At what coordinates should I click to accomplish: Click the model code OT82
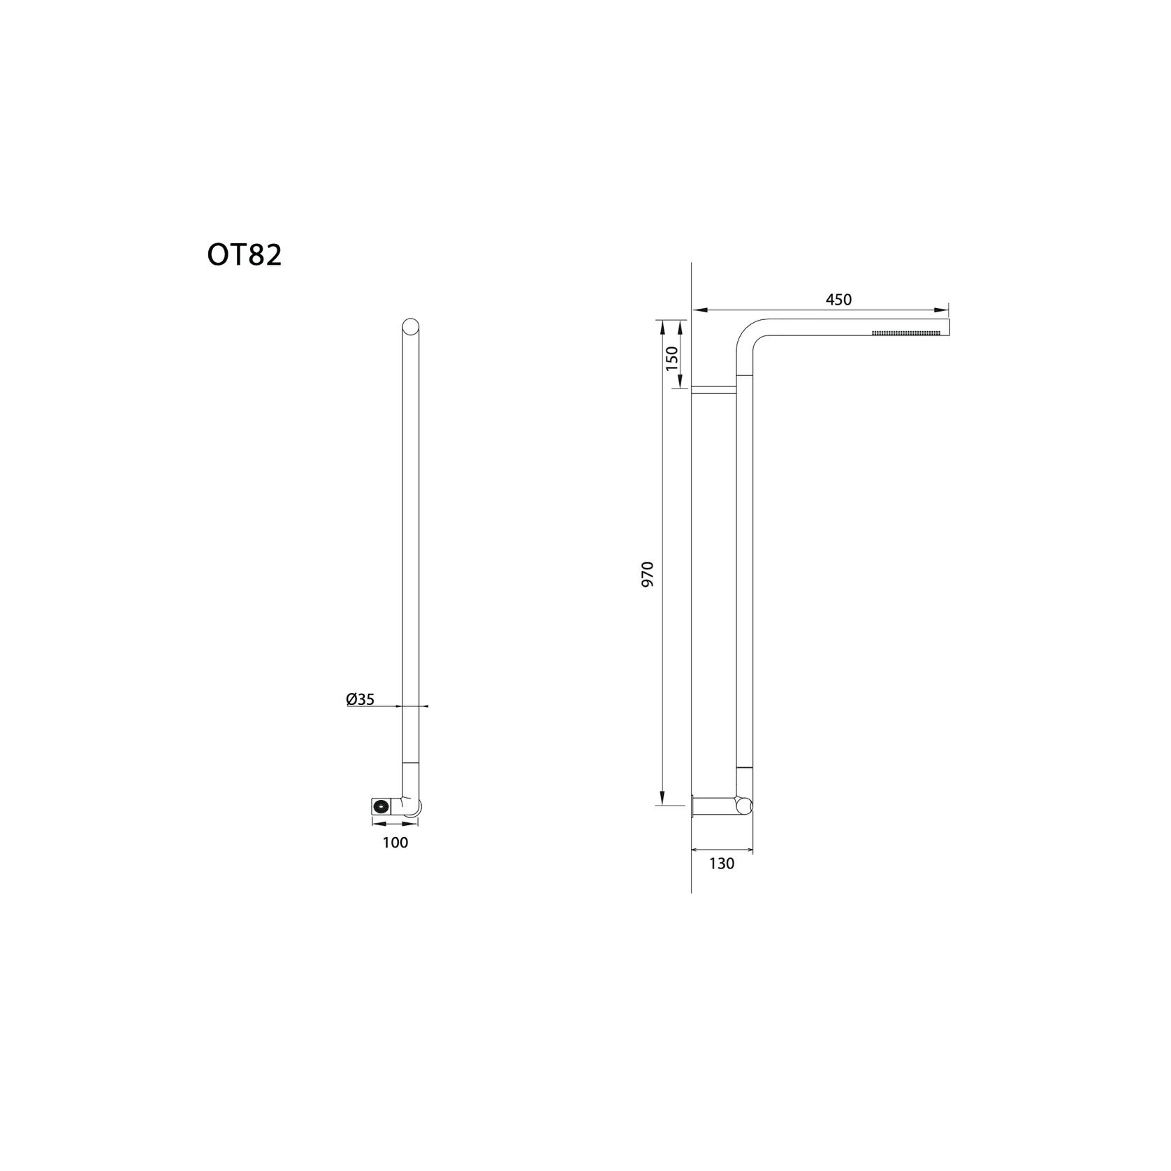[245, 256]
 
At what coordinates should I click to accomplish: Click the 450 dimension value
[838, 300]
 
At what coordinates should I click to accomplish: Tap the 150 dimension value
[672, 357]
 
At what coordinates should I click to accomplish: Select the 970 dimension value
[648, 573]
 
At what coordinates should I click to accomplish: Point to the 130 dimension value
[722, 864]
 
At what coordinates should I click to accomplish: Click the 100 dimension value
[395, 843]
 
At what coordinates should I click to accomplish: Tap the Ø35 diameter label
[361, 699]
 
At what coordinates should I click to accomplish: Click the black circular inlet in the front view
[381, 806]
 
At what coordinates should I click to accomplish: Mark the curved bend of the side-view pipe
[748, 336]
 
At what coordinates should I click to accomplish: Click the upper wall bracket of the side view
[713, 390]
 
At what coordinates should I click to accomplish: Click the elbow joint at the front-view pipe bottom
[412, 805]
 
